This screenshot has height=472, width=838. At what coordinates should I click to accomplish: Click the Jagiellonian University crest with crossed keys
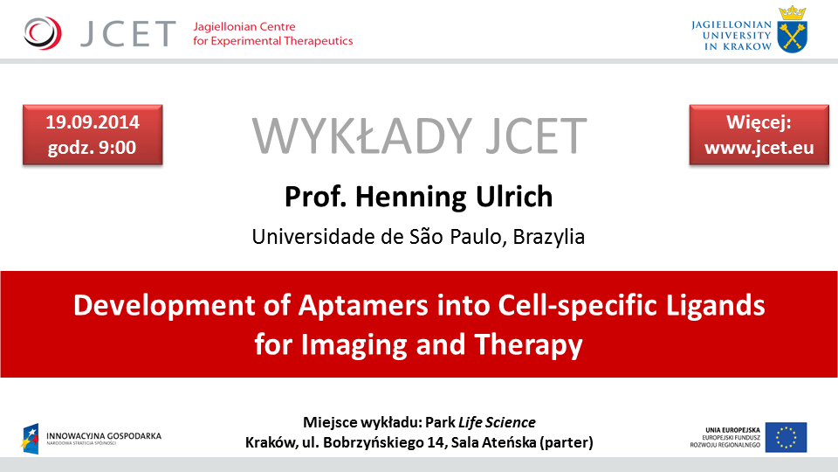[x=793, y=28]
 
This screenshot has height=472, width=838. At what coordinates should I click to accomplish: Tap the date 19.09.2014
[x=93, y=121]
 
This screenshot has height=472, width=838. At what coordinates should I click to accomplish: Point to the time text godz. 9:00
[x=93, y=147]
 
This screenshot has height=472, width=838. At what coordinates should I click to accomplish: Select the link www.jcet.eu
[x=759, y=147]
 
